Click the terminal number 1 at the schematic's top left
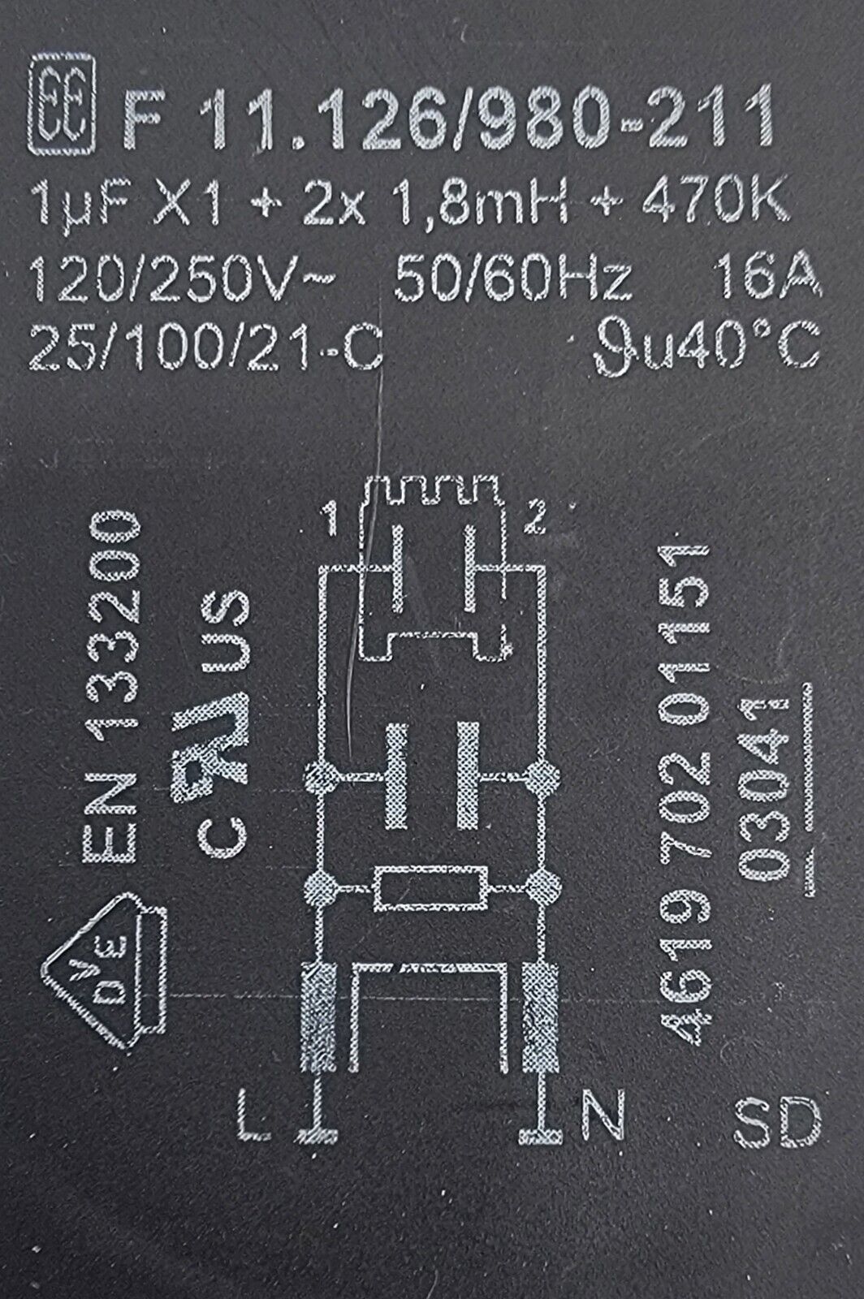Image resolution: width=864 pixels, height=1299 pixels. (x=331, y=519)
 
